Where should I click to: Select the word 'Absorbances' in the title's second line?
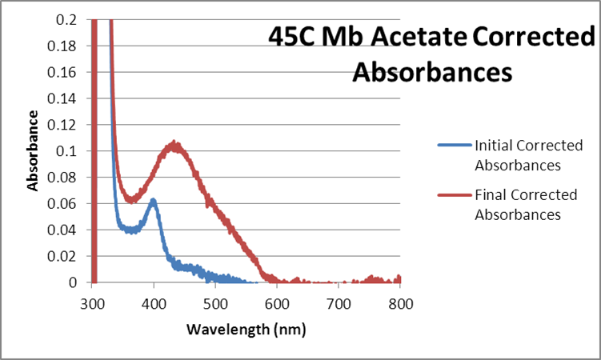(431, 72)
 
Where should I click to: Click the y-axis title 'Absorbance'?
(34, 150)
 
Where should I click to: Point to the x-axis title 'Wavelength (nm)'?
(246, 329)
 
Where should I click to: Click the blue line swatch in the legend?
(454, 146)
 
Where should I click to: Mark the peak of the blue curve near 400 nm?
(153, 201)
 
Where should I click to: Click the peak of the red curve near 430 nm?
(174, 146)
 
